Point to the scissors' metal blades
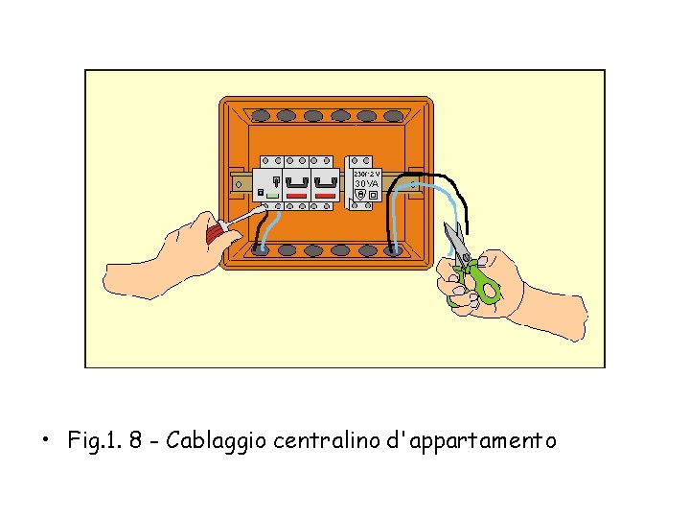coord(454,240)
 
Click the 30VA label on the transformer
coord(367,183)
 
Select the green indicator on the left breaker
coord(273,196)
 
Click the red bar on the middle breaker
coord(297,196)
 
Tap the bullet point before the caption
coord(45,442)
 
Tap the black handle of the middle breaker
coord(297,180)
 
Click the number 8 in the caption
coord(137,441)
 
